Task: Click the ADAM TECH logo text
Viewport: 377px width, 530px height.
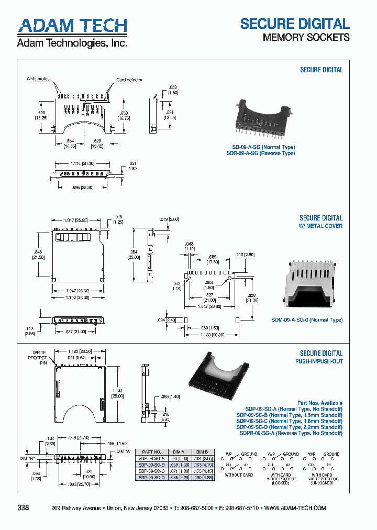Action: pos(72,26)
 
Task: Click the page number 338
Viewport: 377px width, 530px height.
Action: pos(24,508)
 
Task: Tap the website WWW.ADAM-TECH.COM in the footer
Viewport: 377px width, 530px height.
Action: pos(295,508)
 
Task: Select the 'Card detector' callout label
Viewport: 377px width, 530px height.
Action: pos(129,80)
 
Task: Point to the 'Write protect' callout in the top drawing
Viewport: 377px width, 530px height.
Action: pos(39,79)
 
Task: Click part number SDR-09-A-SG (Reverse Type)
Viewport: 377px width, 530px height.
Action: pos(260,153)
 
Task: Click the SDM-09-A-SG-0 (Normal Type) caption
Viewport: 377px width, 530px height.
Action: pos(307,320)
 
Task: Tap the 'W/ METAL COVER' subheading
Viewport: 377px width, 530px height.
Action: pos(321,226)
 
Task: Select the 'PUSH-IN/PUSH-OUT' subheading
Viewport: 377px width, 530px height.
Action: pos(317,361)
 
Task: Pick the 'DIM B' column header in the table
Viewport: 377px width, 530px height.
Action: pos(202,451)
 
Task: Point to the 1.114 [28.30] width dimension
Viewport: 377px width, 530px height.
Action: pos(82,164)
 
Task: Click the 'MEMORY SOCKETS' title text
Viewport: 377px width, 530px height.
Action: pos(306,37)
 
